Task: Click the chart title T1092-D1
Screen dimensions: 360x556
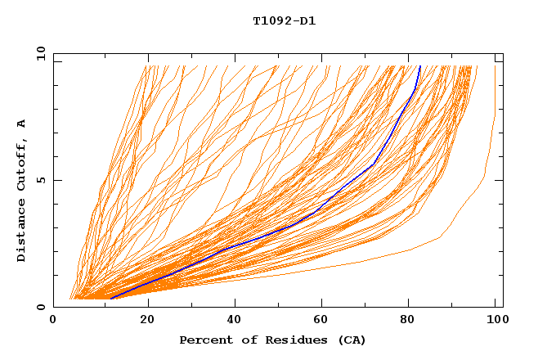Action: click(x=284, y=21)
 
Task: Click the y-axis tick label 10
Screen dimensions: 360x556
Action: click(x=40, y=52)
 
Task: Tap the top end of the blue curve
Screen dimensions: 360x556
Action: click(x=419, y=66)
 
